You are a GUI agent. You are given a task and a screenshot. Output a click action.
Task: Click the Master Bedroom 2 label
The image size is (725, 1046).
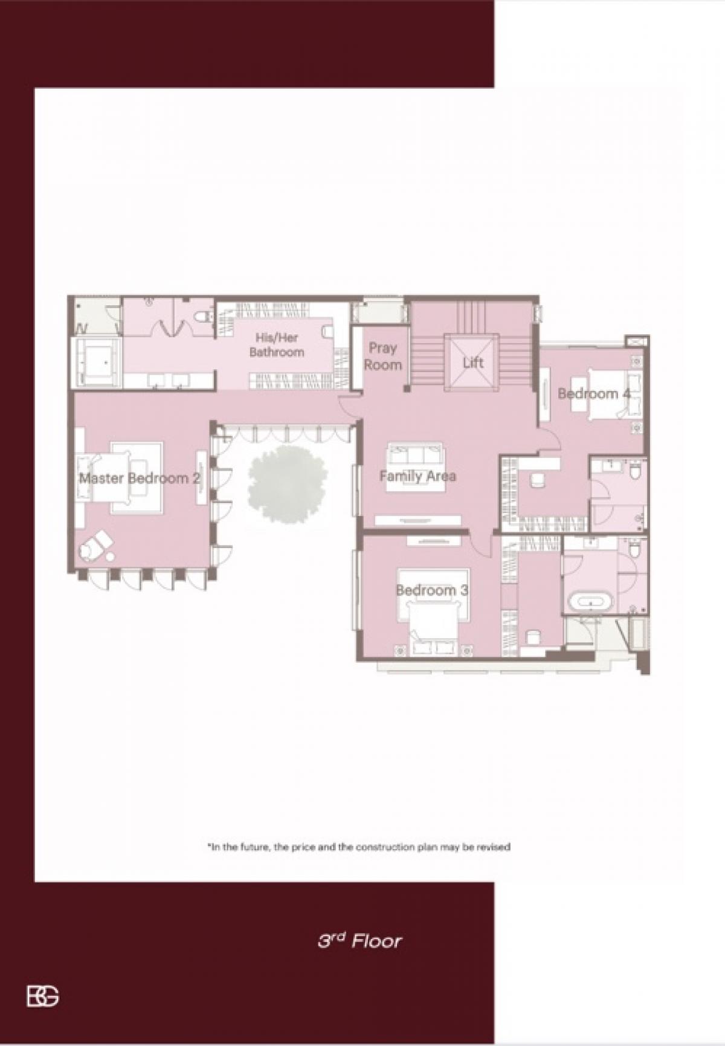coord(140,479)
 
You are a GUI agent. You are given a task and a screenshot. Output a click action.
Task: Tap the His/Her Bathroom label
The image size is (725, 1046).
coord(277,345)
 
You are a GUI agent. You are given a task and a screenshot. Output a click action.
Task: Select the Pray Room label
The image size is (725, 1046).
coord(383,357)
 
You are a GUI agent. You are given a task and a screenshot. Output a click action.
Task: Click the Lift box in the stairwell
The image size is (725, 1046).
coord(473,363)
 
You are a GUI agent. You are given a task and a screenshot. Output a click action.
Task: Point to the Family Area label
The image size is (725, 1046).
coord(417,476)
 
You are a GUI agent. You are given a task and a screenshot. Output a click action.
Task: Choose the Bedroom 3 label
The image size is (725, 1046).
coord(432,590)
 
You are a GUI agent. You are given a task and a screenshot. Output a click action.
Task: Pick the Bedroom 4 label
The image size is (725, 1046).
coord(594,394)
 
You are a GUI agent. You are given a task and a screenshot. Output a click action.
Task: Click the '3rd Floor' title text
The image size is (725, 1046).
coord(359,941)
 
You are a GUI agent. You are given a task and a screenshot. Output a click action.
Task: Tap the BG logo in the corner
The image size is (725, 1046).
coord(43,996)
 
